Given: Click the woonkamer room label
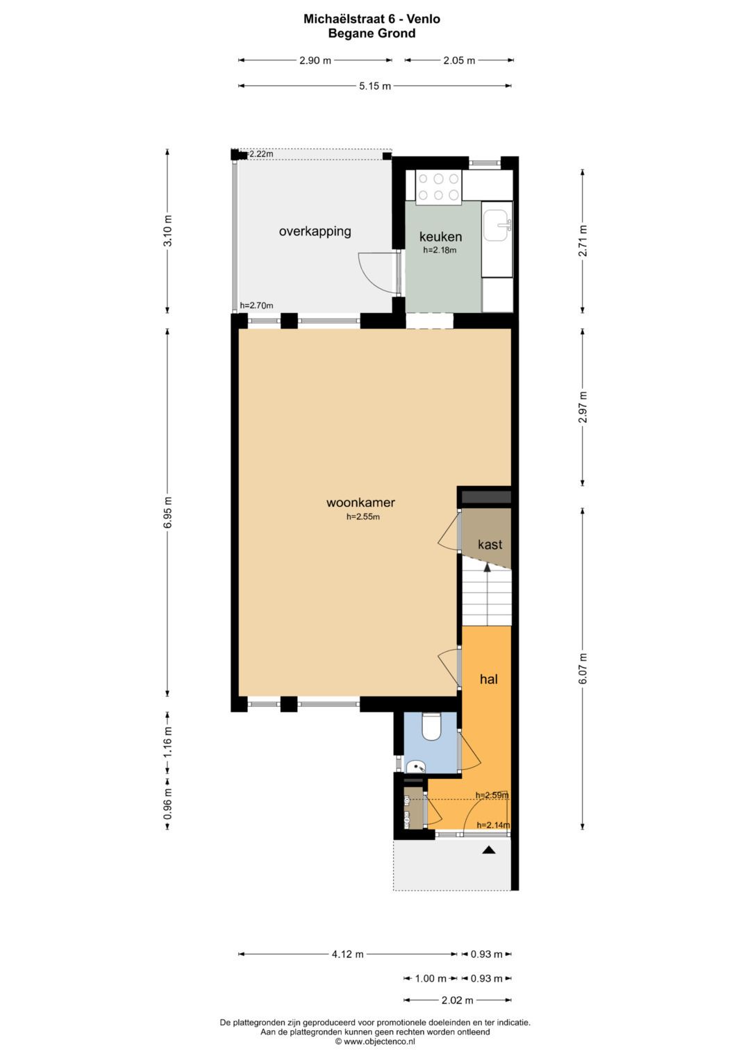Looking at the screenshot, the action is tap(360, 502).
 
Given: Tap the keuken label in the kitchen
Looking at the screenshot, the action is tap(440, 237).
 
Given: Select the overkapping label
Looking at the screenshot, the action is tap(315, 231).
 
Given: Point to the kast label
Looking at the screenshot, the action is tap(490, 544).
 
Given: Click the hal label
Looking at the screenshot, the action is tap(489, 679).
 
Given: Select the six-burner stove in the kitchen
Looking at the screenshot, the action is tap(438, 187).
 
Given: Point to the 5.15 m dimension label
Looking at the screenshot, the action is tap(375, 86).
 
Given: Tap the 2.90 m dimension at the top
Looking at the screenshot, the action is tap(315, 60).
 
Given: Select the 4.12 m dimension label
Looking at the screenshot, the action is tap(347, 954).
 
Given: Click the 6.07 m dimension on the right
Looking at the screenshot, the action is tap(583, 668).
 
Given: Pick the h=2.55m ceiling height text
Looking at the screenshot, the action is tap(363, 516).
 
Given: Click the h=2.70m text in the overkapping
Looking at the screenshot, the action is tap(257, 305).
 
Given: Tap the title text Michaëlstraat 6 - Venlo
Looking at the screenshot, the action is tap(372, 19).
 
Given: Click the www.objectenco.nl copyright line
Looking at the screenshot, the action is tap(375, 1041).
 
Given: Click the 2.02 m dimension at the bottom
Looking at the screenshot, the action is tap(458, 1000).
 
